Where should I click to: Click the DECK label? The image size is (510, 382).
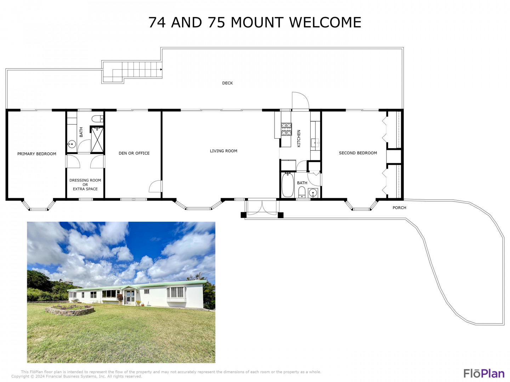[227, 83]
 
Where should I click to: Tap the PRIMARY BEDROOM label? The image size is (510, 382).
[37, 154]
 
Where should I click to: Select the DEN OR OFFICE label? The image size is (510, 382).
[134, 153]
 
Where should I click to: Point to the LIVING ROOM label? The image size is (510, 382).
[223, 151]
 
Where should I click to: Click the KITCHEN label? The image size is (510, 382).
[299, 138]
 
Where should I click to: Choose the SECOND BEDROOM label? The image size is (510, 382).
[358, 153]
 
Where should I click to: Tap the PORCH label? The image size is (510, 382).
[399, 208]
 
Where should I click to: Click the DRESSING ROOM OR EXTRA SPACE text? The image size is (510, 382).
[85, 184]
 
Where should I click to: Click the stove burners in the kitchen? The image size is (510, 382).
[286, 129]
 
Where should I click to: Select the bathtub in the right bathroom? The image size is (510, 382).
[288, 185]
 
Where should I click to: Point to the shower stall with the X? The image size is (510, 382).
[97, 140]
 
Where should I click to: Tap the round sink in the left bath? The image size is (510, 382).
[72, 144]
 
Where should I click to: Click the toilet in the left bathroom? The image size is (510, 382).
[97, 119]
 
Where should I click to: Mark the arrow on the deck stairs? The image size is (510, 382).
[161, 69]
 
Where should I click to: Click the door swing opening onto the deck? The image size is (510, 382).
[300, 100]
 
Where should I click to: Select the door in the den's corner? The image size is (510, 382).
[155, 186]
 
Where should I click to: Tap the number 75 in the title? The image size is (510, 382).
[217, 23]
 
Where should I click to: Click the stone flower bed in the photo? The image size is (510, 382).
[69, 310]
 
